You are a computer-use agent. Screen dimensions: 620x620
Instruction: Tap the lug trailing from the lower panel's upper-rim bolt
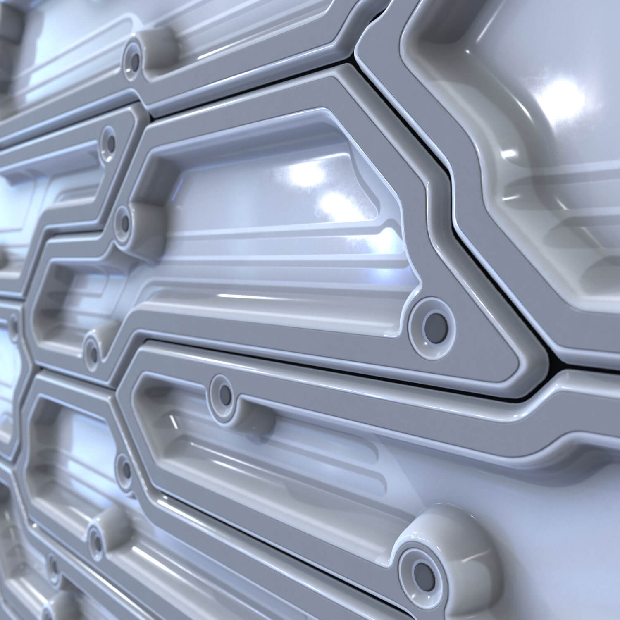[x=256, y=417]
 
